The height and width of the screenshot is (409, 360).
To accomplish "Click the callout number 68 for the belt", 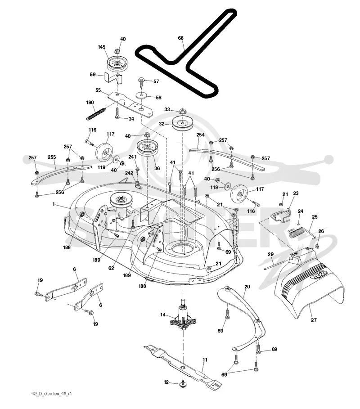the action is [x=181, y=38].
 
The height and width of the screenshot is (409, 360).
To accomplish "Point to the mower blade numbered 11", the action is [x=183, y=366].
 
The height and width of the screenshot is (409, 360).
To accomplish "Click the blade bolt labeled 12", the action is [x=183, y=383].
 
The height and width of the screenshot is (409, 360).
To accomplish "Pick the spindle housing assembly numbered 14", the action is [x=183, y=315].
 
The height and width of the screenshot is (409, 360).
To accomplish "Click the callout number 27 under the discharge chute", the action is [x=314, y=320].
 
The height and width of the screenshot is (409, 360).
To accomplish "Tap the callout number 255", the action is [x=52, y=157].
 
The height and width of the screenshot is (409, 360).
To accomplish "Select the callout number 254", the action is [x=200, y=135].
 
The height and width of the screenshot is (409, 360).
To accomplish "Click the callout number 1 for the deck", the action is [x=54, y=204].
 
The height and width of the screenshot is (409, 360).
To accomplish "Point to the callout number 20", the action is [x=247, y=287].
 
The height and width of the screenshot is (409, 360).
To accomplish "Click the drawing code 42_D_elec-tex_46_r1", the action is [x=51, y=394].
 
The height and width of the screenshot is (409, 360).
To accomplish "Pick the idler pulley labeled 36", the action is [x=147, y=148].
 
